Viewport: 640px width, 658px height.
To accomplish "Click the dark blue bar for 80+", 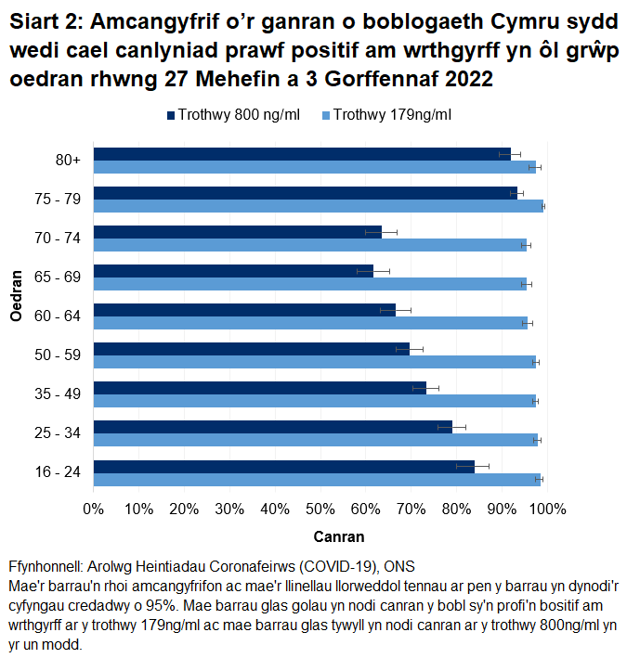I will (302, 154).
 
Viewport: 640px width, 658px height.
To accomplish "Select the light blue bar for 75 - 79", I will (319, 206).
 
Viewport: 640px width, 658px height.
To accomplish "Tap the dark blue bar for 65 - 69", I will (233, 271).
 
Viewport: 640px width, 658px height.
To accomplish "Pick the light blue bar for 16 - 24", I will (317, 479).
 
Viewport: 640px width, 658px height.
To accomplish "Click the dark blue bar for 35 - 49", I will (259, 388).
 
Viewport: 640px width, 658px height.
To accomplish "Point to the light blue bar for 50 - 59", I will (315, 362).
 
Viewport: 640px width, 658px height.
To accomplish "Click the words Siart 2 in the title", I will (46, 21).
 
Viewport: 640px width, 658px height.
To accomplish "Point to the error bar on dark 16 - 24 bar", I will (473, 466).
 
